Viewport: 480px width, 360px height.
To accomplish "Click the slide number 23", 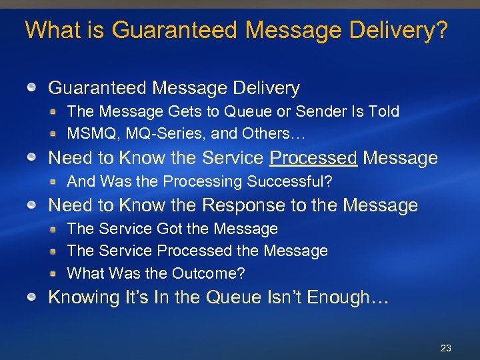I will click(446, 348).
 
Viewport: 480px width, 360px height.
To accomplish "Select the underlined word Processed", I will click(313, 158).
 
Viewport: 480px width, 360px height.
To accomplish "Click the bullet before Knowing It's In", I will click(31, 297).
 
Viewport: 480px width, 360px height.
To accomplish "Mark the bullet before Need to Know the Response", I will click(31, 205).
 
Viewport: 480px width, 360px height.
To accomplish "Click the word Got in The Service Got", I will click(169, 229).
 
